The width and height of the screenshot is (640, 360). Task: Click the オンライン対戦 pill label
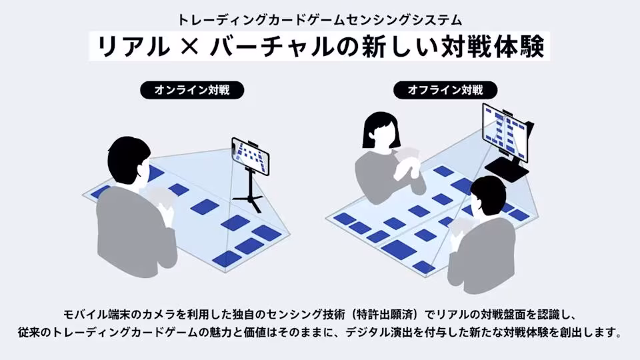point(192,90)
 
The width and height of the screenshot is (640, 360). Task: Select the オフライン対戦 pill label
point(445,90)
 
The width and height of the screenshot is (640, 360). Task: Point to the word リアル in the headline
point(133,47)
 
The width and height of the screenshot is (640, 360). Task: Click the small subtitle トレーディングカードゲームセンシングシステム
point(320,19)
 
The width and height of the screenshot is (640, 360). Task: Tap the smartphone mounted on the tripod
point(250,156)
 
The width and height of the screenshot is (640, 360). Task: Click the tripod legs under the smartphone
point(248,195)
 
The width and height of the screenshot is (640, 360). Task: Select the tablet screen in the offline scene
point(505,131)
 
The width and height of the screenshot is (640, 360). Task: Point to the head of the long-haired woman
point(381,131)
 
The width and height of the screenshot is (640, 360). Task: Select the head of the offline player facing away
point(488,197)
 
